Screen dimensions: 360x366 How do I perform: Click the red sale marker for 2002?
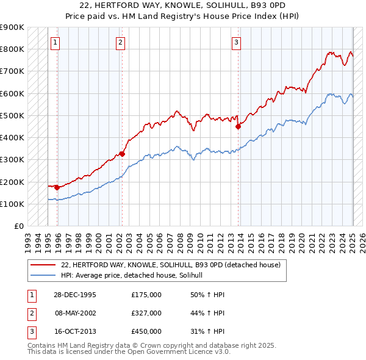[122, 154]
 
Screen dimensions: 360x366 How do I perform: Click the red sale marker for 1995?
[57, 187]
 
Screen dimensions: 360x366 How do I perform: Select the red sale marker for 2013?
[238, 127]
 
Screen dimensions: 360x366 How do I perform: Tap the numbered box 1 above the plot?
[56, 43]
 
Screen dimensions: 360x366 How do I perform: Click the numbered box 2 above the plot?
[121, 43]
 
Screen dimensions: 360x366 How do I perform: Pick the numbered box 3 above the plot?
[236, 43]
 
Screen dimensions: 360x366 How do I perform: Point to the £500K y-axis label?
[12, 115]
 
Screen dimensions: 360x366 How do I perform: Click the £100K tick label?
[12, 204]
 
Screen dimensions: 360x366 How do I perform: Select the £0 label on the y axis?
[19, 226]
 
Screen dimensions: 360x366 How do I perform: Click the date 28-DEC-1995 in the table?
[76, 295]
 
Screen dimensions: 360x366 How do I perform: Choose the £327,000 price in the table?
[146, 313]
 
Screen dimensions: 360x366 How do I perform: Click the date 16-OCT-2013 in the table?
[76, 331]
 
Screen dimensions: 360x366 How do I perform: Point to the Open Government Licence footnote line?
[129, 352]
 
